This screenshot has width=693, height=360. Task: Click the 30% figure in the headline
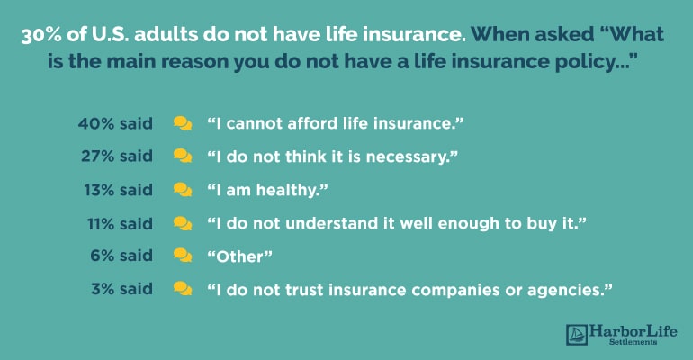41,35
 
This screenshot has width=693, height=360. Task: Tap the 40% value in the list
96,123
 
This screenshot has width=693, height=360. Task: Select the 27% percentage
98,157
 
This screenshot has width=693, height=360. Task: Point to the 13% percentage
99,191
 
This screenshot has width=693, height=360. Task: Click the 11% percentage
101,224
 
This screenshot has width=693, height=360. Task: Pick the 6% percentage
103,256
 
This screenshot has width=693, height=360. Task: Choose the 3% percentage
103,289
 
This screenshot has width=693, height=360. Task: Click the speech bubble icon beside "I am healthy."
183,190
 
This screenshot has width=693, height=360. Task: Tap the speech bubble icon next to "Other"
183,256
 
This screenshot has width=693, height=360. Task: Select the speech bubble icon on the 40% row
183,123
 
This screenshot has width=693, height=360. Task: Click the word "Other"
239,256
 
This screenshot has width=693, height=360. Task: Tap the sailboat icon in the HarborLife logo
577,335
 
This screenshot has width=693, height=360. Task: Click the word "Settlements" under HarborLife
633,342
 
